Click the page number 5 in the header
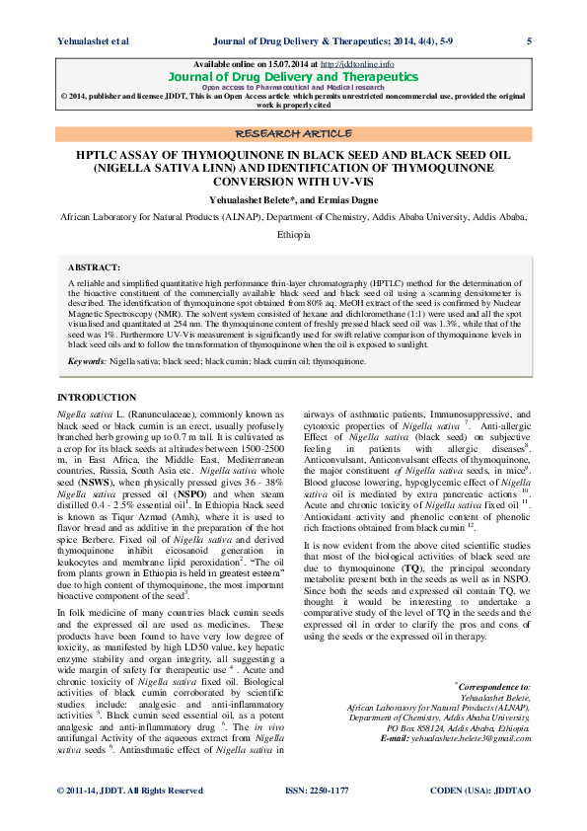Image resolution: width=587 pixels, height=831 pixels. point(530,40)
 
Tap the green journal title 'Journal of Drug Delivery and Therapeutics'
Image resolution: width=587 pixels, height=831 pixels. point(294,76)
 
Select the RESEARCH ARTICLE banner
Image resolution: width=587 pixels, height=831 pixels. point(294,133)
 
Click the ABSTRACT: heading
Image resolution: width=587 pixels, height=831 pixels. point(95,267)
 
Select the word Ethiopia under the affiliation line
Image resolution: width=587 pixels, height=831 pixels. point(293,235)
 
